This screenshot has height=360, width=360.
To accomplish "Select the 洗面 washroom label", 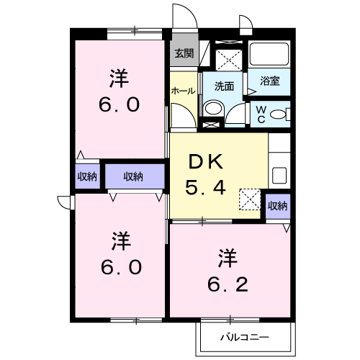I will point(224,86).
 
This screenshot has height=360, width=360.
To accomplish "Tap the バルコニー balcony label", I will point(244,337).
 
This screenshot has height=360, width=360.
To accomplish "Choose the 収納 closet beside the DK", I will point(277,206).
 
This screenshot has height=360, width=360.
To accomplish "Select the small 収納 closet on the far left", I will point(87,176).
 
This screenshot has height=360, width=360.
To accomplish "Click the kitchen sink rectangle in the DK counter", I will point(279,175).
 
